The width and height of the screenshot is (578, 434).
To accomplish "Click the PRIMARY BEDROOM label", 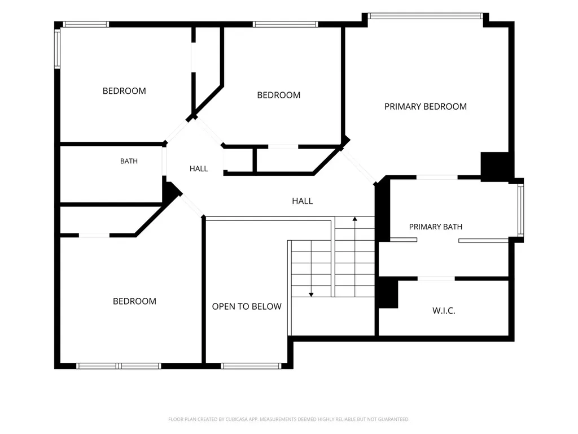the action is coord(426,107).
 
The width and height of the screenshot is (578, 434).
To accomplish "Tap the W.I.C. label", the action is coord(444,311).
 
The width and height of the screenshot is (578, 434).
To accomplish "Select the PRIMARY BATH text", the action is coord(435,227).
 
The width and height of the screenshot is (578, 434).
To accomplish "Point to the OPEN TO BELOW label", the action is coord(247,306).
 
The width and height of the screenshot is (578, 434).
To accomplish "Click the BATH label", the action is coord(129,161).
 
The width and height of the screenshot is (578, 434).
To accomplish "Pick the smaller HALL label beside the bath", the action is coord(199,168).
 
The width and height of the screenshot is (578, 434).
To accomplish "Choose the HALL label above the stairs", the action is coord(303,201).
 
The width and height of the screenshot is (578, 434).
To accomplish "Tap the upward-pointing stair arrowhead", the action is coord(354,219).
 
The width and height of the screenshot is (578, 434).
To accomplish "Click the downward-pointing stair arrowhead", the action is coord(311,294).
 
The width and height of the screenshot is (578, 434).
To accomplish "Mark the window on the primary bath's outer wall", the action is coord(520,210).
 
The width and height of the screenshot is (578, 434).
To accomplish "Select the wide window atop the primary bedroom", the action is coord(426,16).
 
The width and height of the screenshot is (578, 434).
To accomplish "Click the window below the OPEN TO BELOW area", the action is coord(251,366).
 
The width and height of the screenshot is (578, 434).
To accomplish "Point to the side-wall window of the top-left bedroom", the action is coord(58,49).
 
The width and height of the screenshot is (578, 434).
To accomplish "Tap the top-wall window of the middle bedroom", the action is coord(285,24).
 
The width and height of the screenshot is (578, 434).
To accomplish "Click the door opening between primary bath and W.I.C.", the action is coord(436,279).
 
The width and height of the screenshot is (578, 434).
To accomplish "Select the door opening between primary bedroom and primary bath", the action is coord(437,177).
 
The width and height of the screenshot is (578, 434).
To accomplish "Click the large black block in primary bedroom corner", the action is coord(494,167).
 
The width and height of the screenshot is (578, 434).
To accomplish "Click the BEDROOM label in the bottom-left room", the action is coord(134,301).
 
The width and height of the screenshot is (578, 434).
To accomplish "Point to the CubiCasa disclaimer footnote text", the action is coord(288,419).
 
